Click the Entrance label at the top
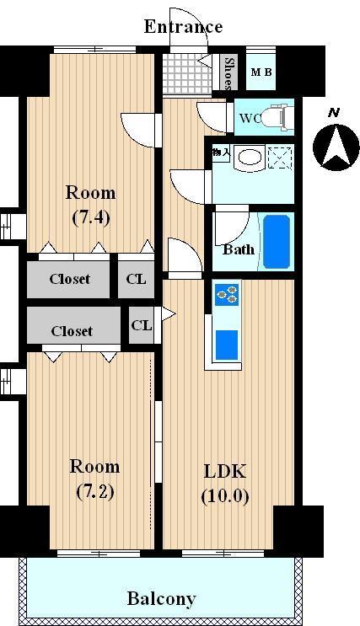click(x=183, y=27)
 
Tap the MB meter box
click(x=261, y=72)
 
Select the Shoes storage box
click(x=228, y=72)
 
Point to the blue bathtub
click(x=277, y=242)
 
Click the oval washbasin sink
click(x=250, y=158)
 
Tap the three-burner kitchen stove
click(x=227, y=295)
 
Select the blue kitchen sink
click(x=227, y=345)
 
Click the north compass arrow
click(x=336, y=147)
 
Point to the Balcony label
click(x=161, y=599)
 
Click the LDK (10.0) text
click(x=225, y=484)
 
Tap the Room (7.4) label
click(x=91, y=206)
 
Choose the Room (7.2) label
click(x=94, y=479)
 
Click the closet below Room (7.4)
click(x=68, y=279)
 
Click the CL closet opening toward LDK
click(x=142, y=325)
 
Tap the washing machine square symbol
click(x=280, y=158)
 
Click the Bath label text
click(x=239, y=249)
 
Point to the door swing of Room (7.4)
click(x=137, y=130)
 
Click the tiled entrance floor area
click(x=186, y=73)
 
